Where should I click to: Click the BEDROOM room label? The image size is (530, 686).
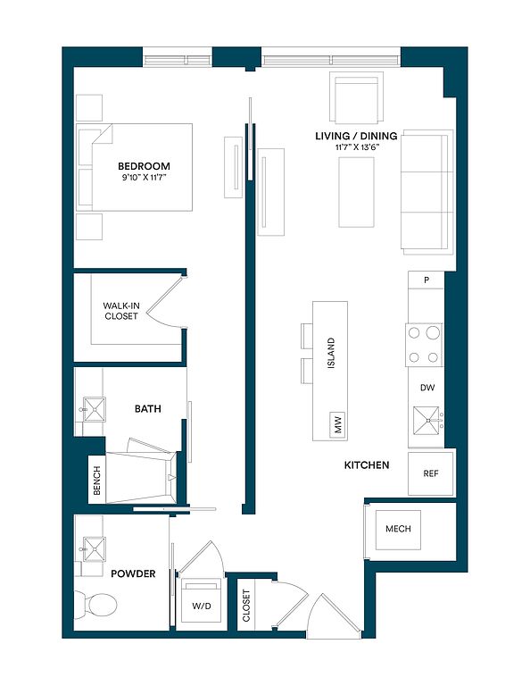pos(144,166)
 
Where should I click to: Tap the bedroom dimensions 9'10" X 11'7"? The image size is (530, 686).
pos(145,178)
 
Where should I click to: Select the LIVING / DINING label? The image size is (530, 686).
pos(356,136)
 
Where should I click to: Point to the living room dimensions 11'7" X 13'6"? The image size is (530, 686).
pos(357,147)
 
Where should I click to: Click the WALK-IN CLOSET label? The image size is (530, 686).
pos(121,311)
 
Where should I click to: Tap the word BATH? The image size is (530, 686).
pos(148,409)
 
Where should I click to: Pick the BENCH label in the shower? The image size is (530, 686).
pos(97,481)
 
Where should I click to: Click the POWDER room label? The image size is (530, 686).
pos(133,573)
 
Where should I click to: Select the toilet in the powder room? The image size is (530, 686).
pos(95,606)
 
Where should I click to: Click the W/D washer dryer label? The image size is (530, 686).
pos(202,606)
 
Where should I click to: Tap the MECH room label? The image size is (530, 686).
pos(398,529)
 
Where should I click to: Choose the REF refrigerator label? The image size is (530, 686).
pos(431,473)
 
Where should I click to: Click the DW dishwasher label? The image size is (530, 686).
pos(427,388)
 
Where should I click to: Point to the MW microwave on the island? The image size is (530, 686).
pos(337,424)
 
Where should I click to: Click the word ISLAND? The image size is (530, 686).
pos(331,353)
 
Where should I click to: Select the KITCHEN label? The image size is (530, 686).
pos(367,465)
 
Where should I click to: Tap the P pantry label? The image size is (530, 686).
pos(426,280)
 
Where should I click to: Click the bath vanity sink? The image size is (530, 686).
pos(94,409)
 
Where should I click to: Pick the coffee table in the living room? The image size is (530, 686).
pos(357,193)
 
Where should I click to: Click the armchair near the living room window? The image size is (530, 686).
pos(357,97)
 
